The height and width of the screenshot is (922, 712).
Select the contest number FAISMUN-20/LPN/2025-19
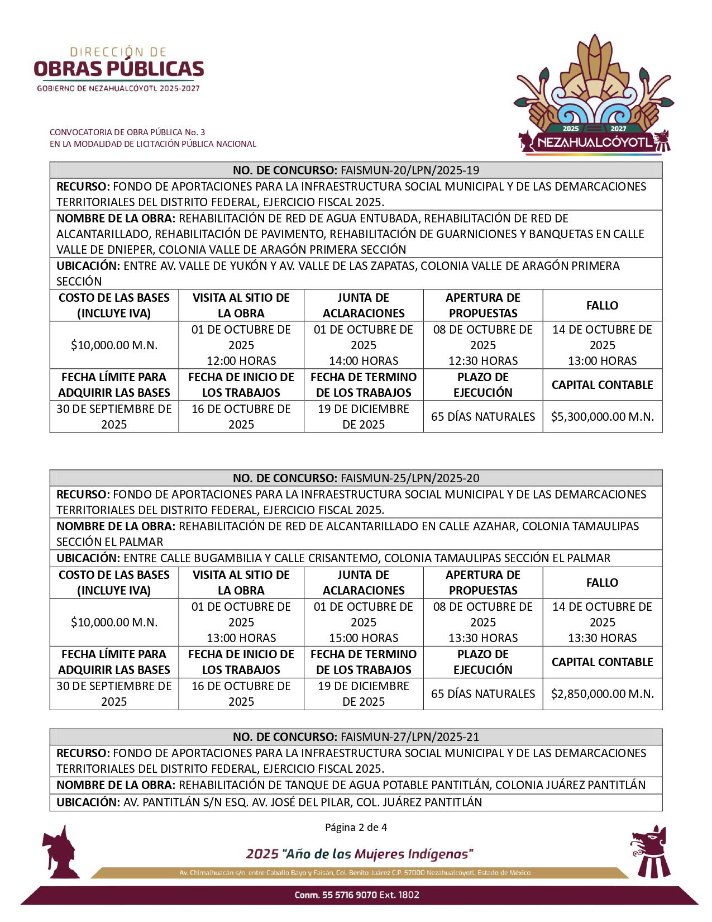pyautogui.click(x=409, y=170)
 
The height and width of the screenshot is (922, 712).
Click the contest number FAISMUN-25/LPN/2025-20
pyautogui.click(x=409, y=478)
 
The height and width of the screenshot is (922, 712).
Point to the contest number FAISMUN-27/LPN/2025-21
pyautogui.click(x=409, y=736)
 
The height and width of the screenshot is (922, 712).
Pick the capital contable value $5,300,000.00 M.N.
pyautogui.click(x=602, y=417)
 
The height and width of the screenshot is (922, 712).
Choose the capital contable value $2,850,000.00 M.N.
pyautogui.click(x=602, y=694)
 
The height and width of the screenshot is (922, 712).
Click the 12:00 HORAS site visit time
pyautogui.click(x=241, y=361)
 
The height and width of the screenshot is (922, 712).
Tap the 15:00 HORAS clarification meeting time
pyautogui.click(x=364, y=638)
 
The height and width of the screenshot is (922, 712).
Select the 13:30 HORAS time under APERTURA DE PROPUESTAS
pyautogui.click(x=483, y=638)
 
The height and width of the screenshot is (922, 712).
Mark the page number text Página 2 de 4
pyautogui.click(x=356, y=827)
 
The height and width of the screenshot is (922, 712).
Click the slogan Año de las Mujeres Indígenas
pyautogui.click(x=360, y=854)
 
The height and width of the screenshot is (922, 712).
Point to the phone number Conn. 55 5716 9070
pyautogui.click(x=357, y=895)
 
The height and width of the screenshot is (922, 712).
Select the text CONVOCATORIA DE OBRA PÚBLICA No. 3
pyautogui.click(x=127, y=132)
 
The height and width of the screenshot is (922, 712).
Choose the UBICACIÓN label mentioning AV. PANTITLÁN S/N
pyautogui.click(x=88, y=802)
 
